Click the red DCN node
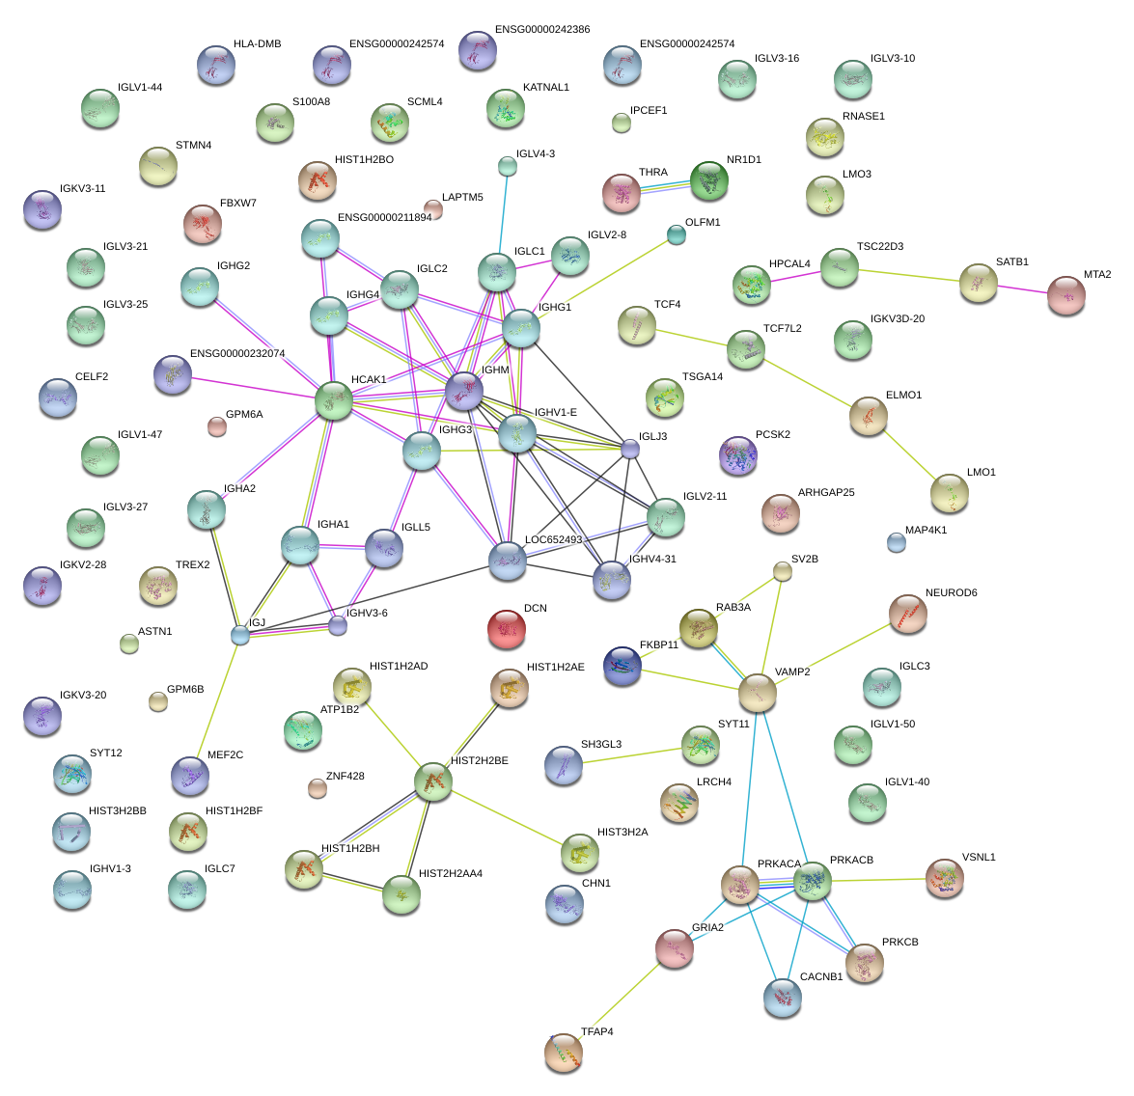click(507, 629)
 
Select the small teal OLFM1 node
click(677, 235)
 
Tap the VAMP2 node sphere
click(758, 693)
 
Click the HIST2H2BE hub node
click(433, 781)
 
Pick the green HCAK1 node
click(333, 400)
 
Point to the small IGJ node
click(240, 636)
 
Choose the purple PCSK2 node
click(737, 455)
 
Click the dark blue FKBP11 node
click(622, 666)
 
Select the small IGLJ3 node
click(630, 450)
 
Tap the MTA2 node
click(1066, 295)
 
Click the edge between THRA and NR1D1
click(665, 187)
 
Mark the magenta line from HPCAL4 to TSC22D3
click(795, 277)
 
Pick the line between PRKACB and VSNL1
click(878, 881)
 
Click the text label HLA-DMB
click(258, 44)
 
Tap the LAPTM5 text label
click(463, 198)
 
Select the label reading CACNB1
click(821, 976)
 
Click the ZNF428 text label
click(345, 777)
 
